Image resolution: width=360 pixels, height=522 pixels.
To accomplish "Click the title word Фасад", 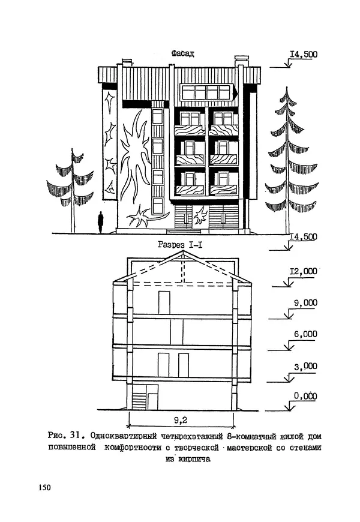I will click(182, 54).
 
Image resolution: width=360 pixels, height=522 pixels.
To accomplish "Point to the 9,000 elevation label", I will click(305, 303).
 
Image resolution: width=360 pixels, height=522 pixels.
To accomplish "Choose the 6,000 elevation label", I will click(305, 334).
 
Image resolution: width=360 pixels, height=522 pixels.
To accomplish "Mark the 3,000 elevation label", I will click(305, 365).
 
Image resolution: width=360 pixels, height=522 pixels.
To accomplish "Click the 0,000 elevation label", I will click(305, 397).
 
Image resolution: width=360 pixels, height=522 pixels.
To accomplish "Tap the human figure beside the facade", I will click(101, 221).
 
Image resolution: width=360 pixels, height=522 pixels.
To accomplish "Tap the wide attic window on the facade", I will click(206, 92).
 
